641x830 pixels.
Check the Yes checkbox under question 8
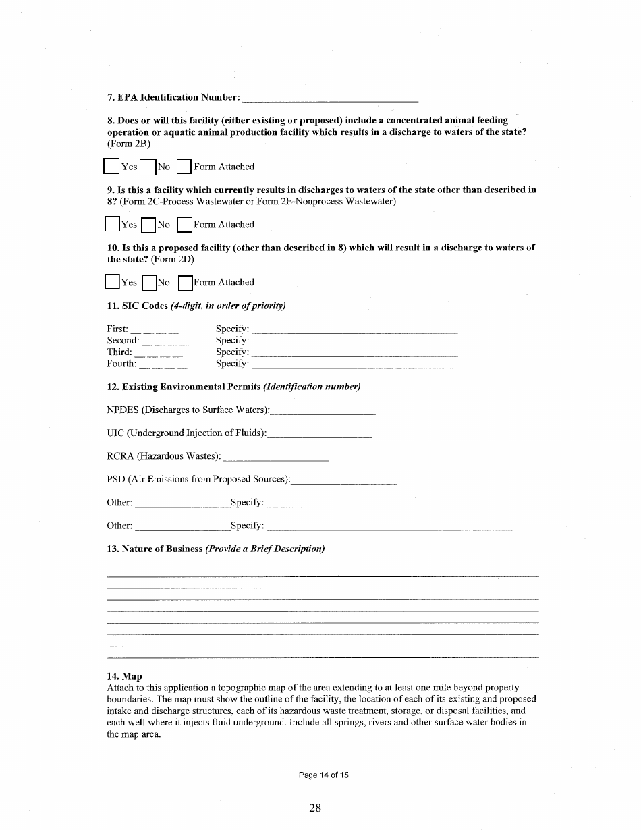coord(112,166)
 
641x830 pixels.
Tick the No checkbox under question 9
coord(149,224)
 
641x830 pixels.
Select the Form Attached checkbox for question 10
coord(185,282)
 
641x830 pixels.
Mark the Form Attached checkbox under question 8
coord(184,166)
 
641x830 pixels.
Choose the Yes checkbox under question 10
coord(113,281)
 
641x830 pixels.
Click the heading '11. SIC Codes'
coord(137,306)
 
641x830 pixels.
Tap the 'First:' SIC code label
coord(117,329)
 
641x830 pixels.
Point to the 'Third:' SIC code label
coord(119,352)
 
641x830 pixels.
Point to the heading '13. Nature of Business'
coord(155,549)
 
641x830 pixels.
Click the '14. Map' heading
coord(124,676)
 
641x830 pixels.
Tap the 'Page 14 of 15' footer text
coord(324,775)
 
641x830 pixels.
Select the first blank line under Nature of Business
coord(323,576)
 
